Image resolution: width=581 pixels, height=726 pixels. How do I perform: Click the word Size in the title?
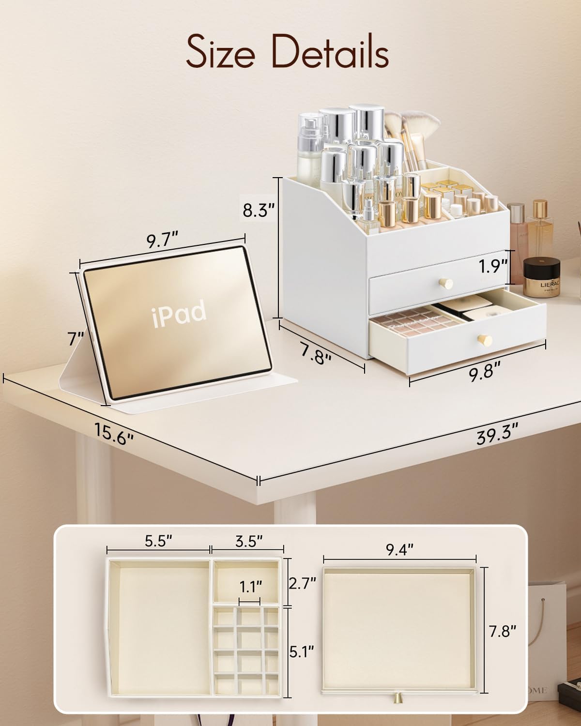tap(220, 53)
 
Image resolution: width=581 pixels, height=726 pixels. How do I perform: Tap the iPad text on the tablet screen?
tap(180, 314)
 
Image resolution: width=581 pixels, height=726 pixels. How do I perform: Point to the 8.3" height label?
tap(259, 211)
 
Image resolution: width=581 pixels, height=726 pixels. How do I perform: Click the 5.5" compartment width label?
tap(158, 541)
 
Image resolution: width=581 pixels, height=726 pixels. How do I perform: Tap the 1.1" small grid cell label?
tap(250, 587)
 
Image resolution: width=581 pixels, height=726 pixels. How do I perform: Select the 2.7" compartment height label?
tap(302, 583)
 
